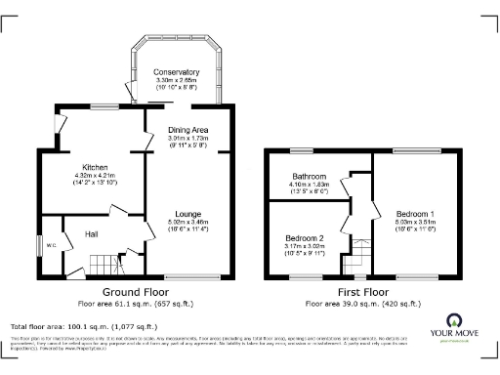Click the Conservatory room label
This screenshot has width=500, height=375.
177,72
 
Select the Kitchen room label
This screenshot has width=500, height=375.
95,166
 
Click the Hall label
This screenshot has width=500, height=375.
91,234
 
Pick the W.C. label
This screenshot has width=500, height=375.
52,245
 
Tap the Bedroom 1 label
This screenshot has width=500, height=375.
415,213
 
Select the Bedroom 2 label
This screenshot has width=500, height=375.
305,238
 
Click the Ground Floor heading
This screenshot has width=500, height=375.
136,292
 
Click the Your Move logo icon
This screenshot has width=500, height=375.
454,320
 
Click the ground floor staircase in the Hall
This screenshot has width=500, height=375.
98,262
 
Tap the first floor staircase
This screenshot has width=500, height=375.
361,252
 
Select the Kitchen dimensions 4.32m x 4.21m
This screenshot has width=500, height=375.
95,175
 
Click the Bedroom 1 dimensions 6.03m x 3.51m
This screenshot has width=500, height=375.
415,222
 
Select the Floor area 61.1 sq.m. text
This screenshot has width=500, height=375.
136,303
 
